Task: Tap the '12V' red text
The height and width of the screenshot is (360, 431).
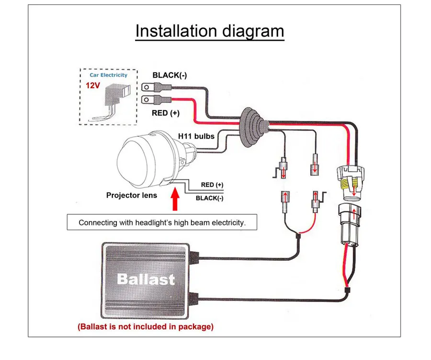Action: (x=94, y=85)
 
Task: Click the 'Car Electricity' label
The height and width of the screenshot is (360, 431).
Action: (x=109, y=75)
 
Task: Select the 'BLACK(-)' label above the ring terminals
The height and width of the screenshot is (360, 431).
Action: (x=170, y=75)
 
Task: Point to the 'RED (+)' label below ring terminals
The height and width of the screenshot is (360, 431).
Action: (x=166, y=113)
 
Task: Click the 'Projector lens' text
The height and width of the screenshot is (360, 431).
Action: (x=131, y=195)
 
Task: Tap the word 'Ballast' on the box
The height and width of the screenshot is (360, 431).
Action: (x=146, y=279)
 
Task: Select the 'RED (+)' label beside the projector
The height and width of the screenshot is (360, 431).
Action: (x=212, y=185)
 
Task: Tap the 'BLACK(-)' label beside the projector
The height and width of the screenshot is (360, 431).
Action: (x=209, y=198)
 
